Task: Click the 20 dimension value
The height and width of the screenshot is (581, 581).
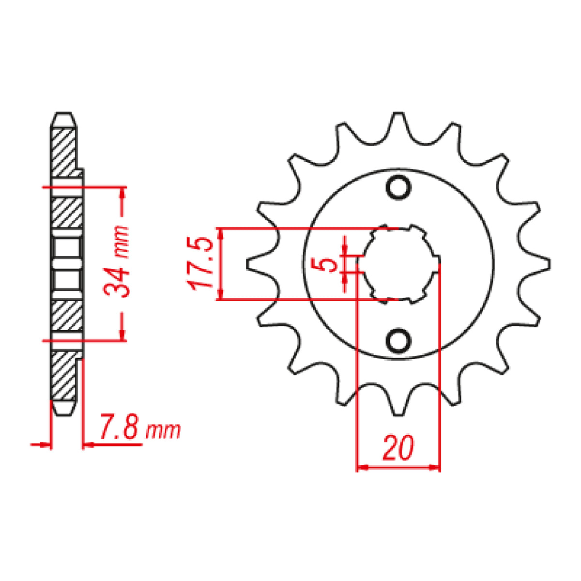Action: [398, 448]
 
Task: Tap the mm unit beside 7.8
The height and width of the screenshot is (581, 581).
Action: [164, 430]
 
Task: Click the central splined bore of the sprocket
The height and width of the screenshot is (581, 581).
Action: [398, 264]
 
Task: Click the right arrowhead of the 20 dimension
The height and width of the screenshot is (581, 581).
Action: [435, 468]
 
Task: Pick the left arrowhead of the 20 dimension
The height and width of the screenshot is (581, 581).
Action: [362, 468]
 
